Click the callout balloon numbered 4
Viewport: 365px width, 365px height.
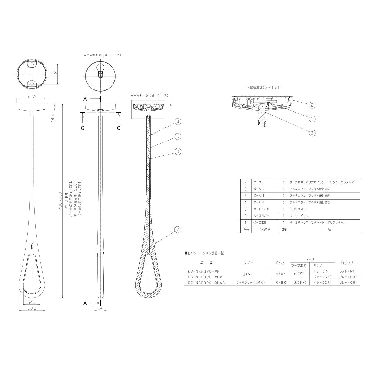pos(178,122)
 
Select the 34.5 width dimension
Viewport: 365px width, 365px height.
pos(32,303)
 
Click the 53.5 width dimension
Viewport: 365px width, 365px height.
pos(32,308)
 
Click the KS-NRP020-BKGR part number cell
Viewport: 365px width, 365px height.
pos(206,283)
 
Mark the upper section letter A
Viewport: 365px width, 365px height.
pos(85,99)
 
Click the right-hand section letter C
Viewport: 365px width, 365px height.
pos(119,128)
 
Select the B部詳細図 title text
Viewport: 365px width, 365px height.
pos(264,88)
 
